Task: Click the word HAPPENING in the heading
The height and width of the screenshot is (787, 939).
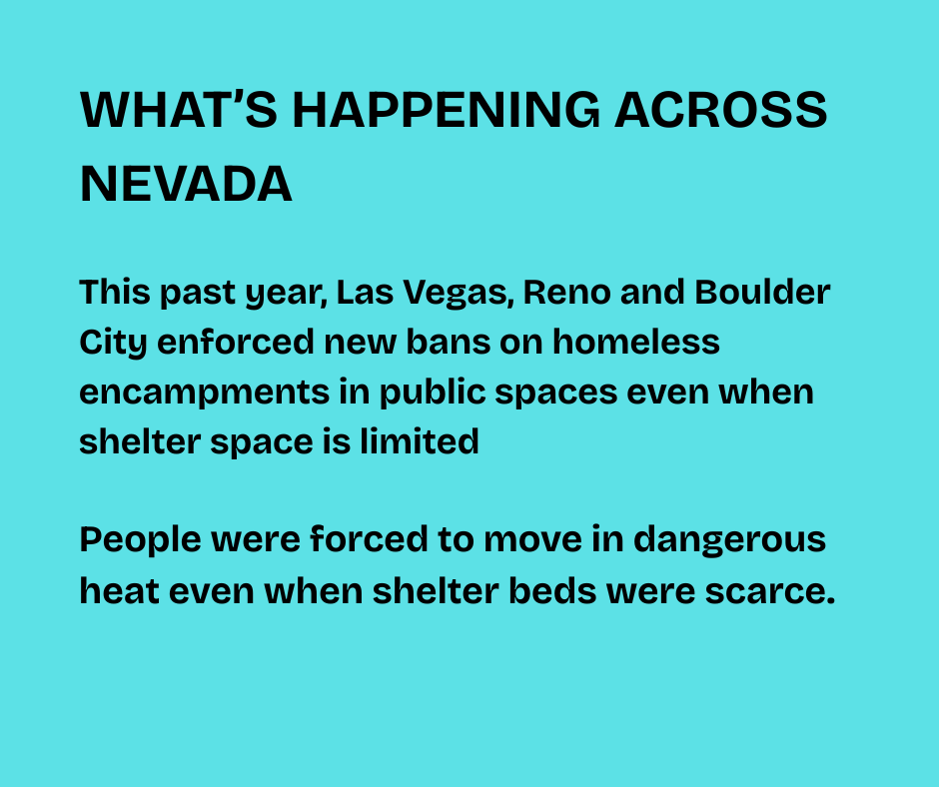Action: click(x=447, y=110)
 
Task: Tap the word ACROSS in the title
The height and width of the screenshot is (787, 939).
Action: click(x=721, y=110)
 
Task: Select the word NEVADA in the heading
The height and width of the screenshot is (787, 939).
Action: click(x=186, y=184)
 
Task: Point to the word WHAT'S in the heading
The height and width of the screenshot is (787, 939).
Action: click(x=179, y=110)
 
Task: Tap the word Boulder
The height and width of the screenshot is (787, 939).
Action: click(x=762, y=292)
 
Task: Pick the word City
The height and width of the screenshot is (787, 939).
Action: click(x=113, y=344)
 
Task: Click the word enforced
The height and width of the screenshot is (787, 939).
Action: click(x=236, y=342)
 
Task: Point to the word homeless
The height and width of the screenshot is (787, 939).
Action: click(x=636, y=342)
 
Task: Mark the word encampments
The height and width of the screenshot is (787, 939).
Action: click(x=204, y=393)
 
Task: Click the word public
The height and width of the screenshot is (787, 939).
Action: click(x=433, y=393)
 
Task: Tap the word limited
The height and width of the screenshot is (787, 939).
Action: click(x=420, y=441)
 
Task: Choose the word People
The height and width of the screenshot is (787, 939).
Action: click(x=140, y=540)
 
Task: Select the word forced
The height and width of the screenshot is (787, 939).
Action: click(x=369, y=538)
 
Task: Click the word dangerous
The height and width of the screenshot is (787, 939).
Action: click(x=729, y=540)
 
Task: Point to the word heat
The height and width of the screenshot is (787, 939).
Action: click(x=119, y=590)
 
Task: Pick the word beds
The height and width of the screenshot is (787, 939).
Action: click(x=552, y=590)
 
